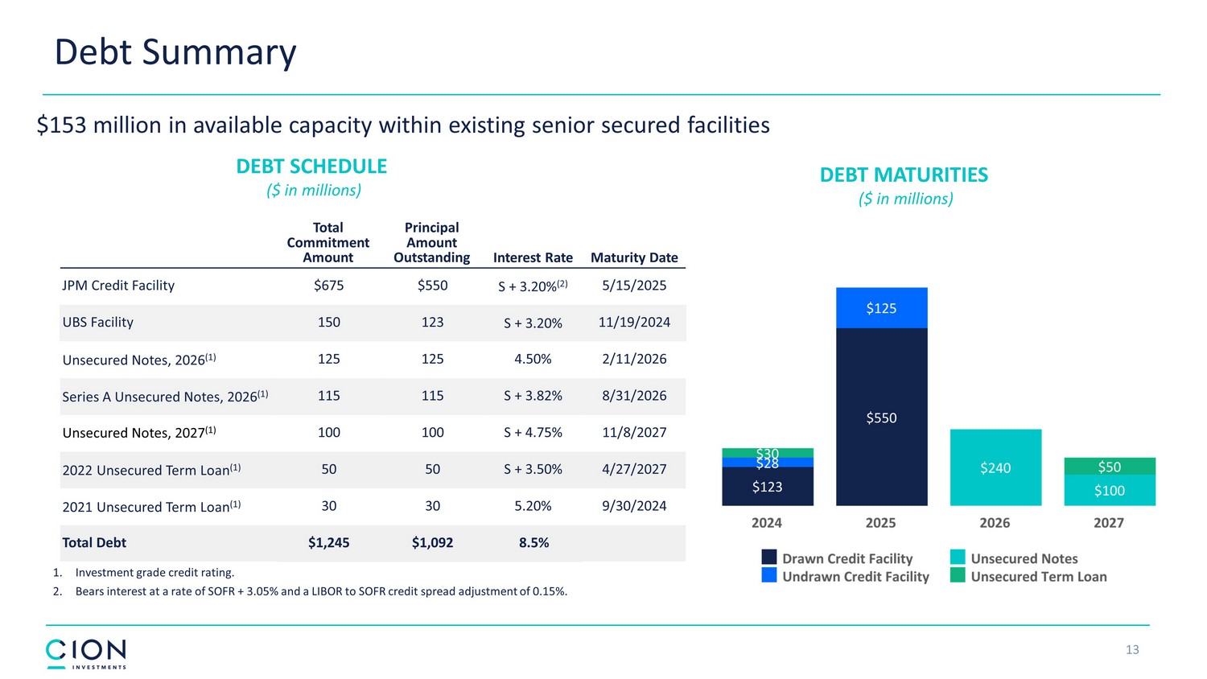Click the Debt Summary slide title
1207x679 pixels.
pos(175,52)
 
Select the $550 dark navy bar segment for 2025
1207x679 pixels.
pos(881,417)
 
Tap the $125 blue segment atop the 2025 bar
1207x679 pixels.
pos(881,308)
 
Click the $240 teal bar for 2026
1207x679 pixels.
pos(995,467)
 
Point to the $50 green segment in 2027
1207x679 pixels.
pos(1109,466)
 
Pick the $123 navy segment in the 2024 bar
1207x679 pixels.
pos(767,487)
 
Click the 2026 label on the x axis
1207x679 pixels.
pos(995,523)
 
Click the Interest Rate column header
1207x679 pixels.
pos(533,257)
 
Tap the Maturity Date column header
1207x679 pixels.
pos(634,257)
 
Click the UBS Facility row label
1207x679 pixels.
pos(98,323)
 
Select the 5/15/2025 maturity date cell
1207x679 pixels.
pos(634,286)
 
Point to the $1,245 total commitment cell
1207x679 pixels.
pos(328,543)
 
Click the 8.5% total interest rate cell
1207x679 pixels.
pos(533,543)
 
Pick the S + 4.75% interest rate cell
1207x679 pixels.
pos(533,433)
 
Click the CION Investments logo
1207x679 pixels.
pos(86,653)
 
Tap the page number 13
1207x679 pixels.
pos(1132,650)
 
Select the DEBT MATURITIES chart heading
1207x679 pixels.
pos(904,175)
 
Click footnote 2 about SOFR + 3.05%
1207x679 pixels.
pos(320,591)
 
